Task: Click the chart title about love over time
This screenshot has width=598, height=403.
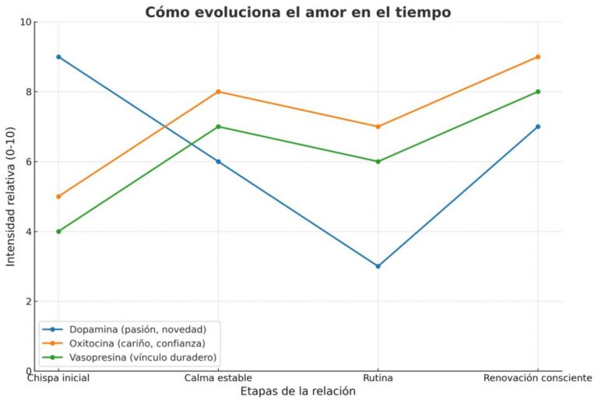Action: coord(298,12)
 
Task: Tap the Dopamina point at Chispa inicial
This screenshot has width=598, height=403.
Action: coord(58,57)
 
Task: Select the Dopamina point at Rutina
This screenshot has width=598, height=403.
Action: coord(378,266)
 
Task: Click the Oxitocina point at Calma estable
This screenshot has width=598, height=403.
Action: coord(218,92)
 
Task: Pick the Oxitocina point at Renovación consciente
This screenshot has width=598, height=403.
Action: coord(538,57)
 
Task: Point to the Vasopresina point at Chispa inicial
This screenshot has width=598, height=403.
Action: coord(58,231)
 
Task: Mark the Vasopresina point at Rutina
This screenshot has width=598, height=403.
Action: coord(378,162)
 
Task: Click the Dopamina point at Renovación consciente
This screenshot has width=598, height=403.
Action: coord(538,127)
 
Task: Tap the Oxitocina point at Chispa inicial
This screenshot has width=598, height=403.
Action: coord(58,196)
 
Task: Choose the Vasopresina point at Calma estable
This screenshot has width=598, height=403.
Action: coord(218,127)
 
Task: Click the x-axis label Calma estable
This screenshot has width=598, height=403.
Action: coord(218,378)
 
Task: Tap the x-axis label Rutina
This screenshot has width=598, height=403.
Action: coord(378,378)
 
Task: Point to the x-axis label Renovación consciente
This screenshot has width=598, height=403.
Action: coord(538,378)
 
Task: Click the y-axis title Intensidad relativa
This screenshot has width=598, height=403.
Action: coord(11,196)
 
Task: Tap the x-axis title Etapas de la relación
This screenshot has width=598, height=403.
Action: coord(298,392)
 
